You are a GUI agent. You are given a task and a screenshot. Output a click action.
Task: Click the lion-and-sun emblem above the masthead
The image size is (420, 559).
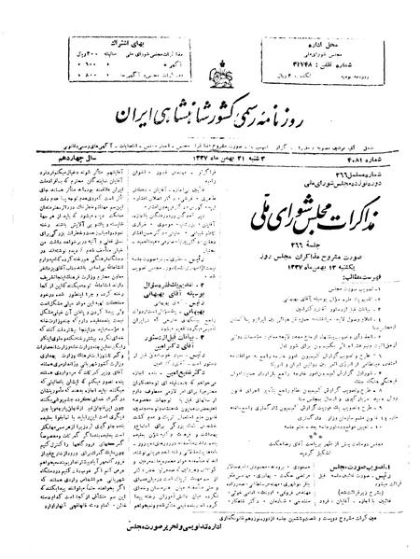[x=210, y=47]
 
